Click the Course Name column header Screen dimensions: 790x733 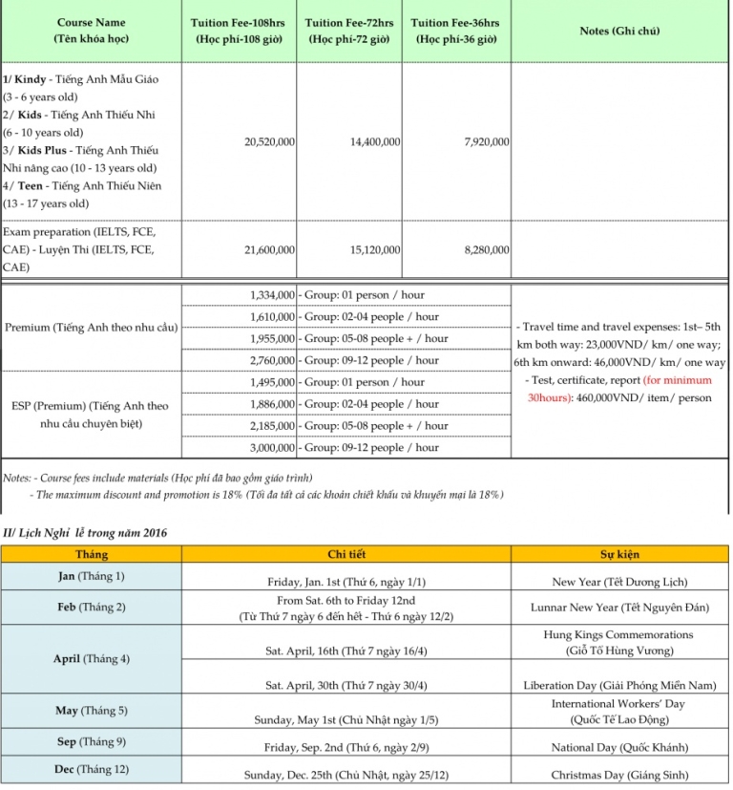pyautogui.click(x=92, y=31)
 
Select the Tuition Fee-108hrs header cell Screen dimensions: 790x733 pyautogui.click(x=239, y=31)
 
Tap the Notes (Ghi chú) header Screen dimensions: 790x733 pyautogui.click(x=619, y=31)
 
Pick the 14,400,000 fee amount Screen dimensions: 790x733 pyautogui.click(x=375, y=141)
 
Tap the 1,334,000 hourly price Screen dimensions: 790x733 pyautogui.click(x=272, y=295)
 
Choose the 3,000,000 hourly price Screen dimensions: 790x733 pyautogui.click(x=272, y=447)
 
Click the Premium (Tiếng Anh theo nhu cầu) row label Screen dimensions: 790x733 pyautogui.click(x=92, y=328)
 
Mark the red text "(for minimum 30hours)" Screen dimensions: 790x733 pyautogui.click(x=619, y=390)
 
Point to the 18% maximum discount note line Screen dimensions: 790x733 pyautogui.click(x=267, y=494)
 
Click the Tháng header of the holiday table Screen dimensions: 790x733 pyautogui.click(x=92, y=554)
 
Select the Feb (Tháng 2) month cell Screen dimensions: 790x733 pyautogui.click(x=92, y=607)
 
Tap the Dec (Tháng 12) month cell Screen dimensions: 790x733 pyautogui.click(x=92, y=769)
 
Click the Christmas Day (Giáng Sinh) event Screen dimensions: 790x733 pyautogui.click(x=619, y=775)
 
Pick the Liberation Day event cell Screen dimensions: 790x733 pyautogui.click(x=619, y=685)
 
